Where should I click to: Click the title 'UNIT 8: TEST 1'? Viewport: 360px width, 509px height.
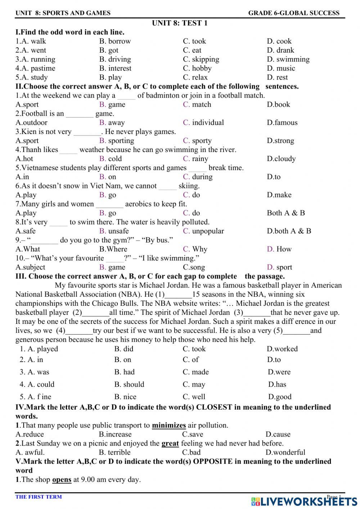180,23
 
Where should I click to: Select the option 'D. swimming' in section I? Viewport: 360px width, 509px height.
288,59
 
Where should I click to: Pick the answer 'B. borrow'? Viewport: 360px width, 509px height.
115,41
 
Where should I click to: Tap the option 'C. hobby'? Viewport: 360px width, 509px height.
197,68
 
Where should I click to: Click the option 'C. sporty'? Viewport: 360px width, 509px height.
197,141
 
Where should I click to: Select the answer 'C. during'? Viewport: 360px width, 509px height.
198,177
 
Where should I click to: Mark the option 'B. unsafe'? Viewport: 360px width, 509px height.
114,231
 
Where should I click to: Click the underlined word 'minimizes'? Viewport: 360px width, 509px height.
169,425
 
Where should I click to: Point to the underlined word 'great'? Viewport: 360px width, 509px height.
170,443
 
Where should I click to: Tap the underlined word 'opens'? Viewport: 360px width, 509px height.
62,480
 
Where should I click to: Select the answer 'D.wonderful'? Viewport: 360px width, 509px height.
285,452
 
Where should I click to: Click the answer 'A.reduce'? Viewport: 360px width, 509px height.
30,434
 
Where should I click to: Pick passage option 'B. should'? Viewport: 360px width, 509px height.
129,384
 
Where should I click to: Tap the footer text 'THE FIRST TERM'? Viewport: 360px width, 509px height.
39,497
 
